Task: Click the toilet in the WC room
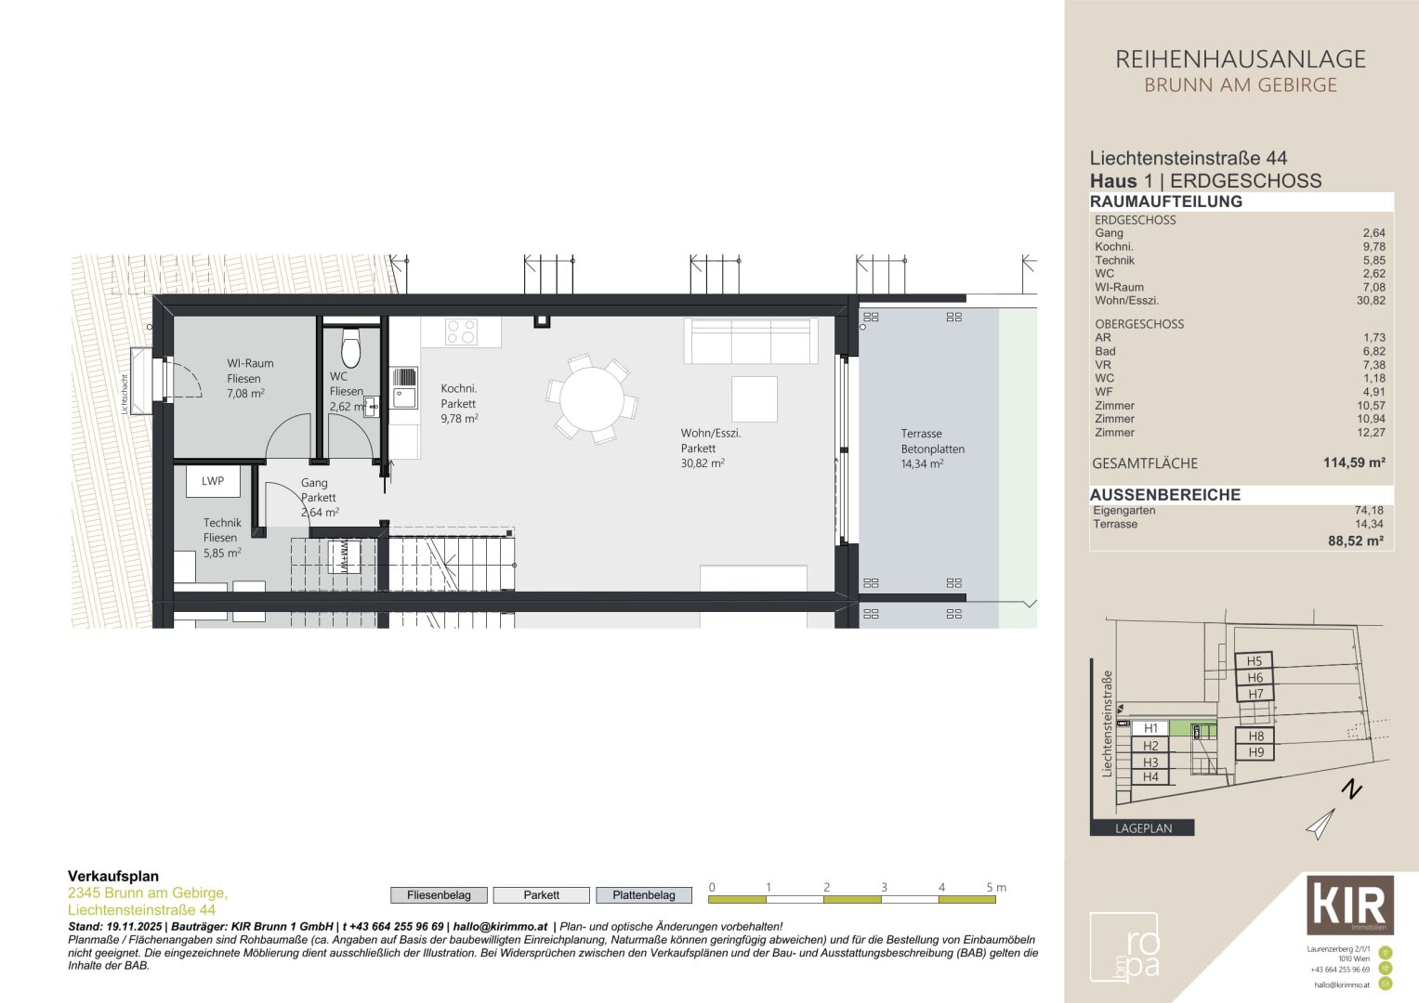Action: coord(350,348)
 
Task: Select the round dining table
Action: coord(592,398)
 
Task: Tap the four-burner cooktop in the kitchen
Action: coord(461,332)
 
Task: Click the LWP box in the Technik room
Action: coord(213,481)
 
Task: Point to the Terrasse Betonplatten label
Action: coord(932,449)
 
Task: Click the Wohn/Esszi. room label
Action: coord(710,448)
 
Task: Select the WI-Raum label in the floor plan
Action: coord(249,378)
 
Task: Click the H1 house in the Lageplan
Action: coord(1150,728)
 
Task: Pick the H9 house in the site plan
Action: coord(1255,752)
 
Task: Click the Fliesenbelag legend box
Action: coord(439,895)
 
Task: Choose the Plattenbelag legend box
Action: coord(643,895)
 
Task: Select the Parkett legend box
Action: coord(541,895)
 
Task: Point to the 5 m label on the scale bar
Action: coord(995,888)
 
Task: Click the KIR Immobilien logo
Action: coord(1349,905)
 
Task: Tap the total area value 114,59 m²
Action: coord(1354,462)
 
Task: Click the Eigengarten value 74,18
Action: coord(1368,511)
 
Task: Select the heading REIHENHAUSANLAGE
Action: coord(1240,59)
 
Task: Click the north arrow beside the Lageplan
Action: coord(1321,823)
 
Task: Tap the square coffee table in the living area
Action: coord(754,398)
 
